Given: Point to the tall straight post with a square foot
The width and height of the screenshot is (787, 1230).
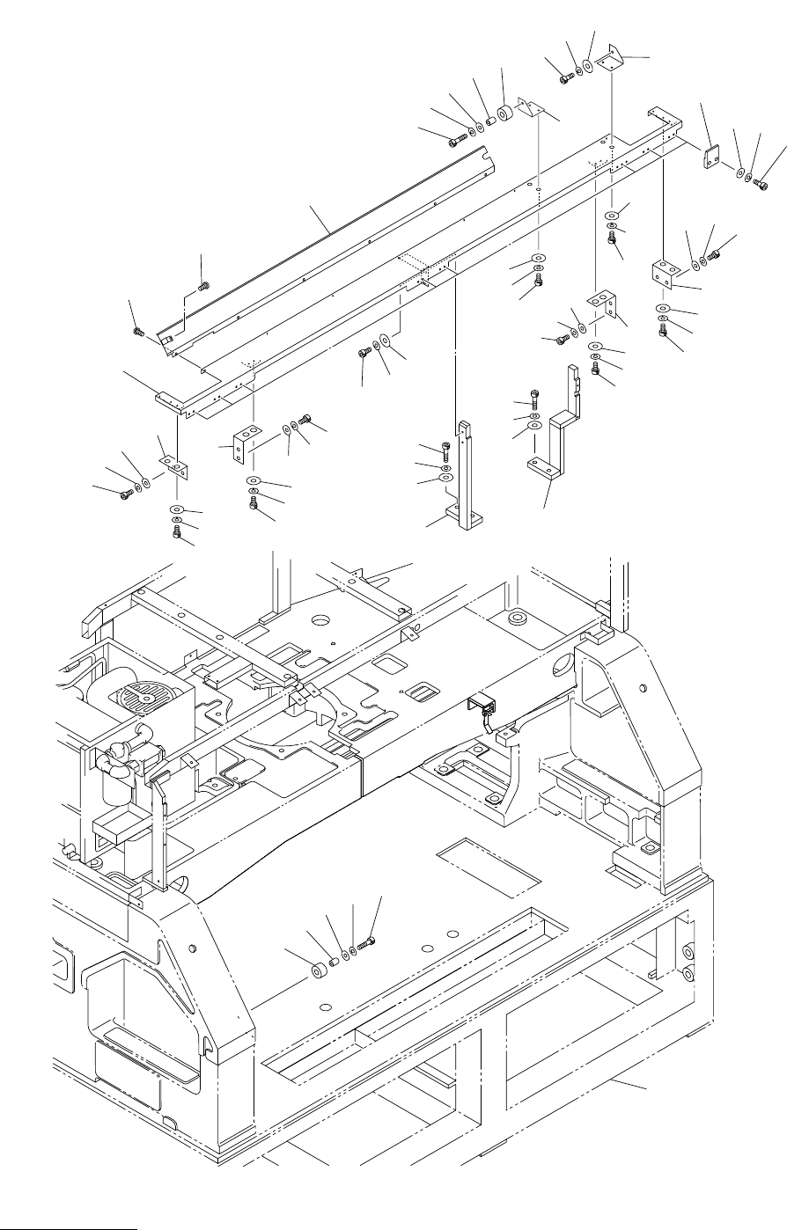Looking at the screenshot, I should coord(464,475).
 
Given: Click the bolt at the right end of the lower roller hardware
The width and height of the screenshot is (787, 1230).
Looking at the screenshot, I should coord(367,945).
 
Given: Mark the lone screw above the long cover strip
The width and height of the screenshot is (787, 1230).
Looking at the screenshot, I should coord(203,284).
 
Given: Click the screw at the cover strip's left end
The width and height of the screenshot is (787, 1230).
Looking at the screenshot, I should coord(138,331).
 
